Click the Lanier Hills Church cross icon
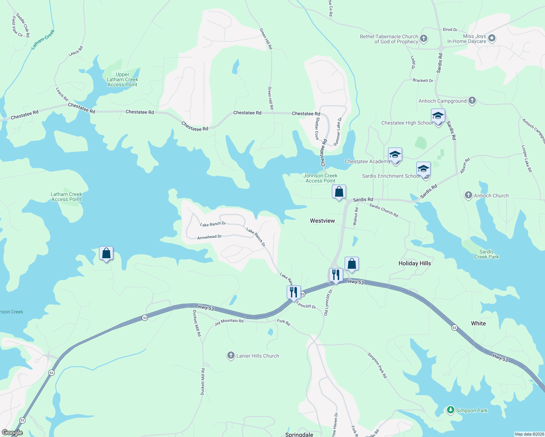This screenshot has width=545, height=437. coord(231,355)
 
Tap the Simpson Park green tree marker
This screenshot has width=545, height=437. coord(451,410)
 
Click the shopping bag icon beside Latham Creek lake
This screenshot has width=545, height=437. coord(106,253)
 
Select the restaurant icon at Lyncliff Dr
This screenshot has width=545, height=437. coord(294,292)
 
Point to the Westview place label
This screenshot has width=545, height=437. coord(322,221)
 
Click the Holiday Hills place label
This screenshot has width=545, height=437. coord(415,263)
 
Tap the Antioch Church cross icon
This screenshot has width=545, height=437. coord(468,195)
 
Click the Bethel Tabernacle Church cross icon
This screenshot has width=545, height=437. coord(423,39)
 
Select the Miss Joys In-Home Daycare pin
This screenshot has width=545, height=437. coord(492,38)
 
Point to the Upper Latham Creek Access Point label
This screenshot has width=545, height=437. coord(122,79)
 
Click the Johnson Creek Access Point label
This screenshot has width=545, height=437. coord(321,178)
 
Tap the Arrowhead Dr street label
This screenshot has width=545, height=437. coord(209,237)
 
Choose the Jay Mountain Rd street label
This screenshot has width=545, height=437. coord(229,322)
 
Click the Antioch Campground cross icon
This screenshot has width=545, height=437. coord(472,101)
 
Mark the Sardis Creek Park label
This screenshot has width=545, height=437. coord(486,254)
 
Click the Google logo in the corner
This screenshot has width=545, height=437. coord(12,433)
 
